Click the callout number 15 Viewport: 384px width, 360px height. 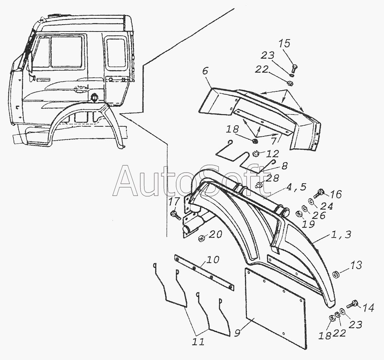[x=284, y=43]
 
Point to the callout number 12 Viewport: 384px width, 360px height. [x=273, y=154]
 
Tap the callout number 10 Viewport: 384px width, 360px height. [x=213, y=259]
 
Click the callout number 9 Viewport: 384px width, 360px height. [x=238, y=333]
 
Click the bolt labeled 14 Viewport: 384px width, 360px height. [x=353, y=305]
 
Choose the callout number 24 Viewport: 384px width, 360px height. [x=327, y=206]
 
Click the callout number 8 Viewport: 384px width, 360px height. [x=284, y=166]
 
